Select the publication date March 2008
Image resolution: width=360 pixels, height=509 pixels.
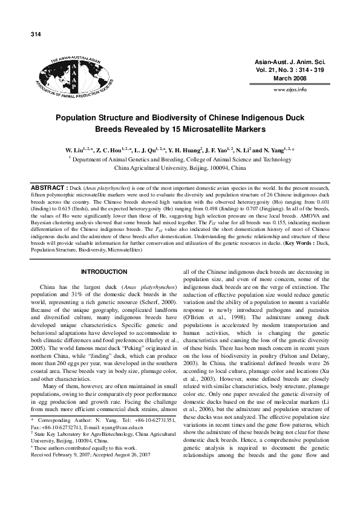click(x=292, y=79)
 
